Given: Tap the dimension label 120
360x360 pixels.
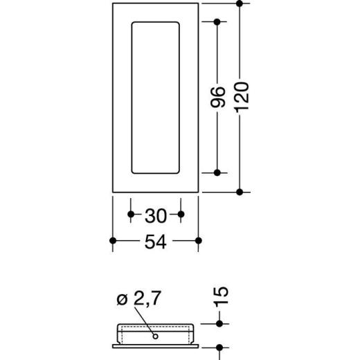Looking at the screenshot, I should (240, 97).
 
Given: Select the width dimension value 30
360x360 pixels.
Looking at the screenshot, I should (156, 215).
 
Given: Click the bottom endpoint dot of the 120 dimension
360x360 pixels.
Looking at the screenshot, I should (240, 191).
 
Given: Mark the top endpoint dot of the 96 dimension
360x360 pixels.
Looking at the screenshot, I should (217, 23).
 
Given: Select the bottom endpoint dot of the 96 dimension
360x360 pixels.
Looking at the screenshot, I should (217, 172).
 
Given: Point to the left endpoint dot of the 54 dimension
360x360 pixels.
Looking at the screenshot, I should (113, 240).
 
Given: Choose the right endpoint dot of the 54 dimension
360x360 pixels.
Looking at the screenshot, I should (199, 240).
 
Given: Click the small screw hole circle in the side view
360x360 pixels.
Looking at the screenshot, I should (156, 336).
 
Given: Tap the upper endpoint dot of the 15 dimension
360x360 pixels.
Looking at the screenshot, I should (219, 323).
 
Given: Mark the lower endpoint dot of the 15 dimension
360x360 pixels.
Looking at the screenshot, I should (219, 348).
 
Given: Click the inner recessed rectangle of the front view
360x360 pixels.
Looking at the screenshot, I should (156, 97).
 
